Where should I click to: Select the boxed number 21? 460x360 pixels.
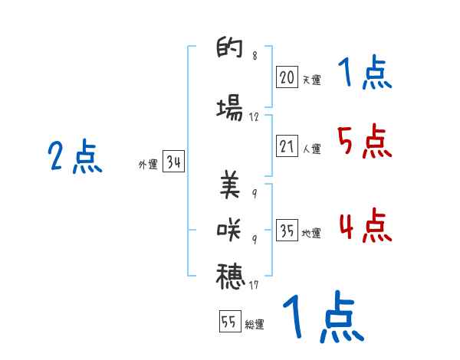click(x=287, y=147)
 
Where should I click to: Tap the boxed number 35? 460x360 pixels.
click(x=287, y=231)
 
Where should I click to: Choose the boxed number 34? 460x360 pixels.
click(x=173, y=162)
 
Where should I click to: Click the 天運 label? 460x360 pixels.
click(x=311, y=78)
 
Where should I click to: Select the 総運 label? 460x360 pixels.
click(x=255, y=325)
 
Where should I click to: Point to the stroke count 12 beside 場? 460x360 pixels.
click(x=255, y=118)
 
